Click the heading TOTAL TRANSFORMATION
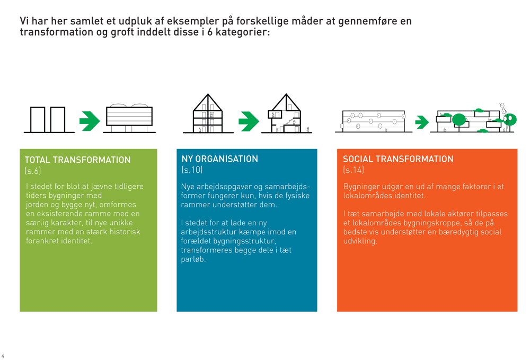77,160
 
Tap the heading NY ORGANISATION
220,159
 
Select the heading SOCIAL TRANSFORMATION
398,159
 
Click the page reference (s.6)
33,171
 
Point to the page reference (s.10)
192,170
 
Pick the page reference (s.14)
354,170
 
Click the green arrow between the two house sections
249,121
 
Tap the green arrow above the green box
90,121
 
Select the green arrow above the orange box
422,122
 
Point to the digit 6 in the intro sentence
210,32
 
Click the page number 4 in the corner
3,356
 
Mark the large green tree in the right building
458,120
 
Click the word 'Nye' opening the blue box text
188,187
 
